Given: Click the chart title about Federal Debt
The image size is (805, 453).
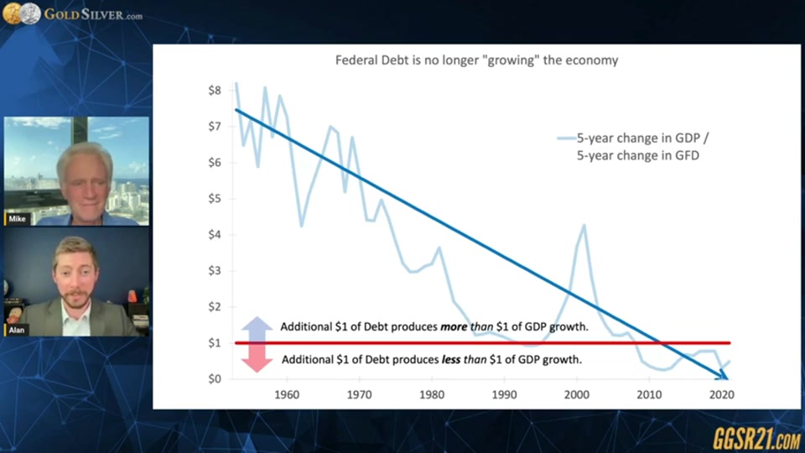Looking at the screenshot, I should click(x=477, y=60).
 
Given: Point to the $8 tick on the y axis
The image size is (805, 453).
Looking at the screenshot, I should click(x=214, y=91).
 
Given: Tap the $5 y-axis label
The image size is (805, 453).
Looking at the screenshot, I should click(x=214, y=199).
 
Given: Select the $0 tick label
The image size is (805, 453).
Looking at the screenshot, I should click(x=214, y=379).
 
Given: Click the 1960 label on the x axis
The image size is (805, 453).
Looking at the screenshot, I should click(x=287, y=394).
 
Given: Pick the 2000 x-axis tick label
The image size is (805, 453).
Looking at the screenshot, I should click(x=576, y=394).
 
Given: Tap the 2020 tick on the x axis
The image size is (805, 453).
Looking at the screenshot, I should click(x=720, y=394).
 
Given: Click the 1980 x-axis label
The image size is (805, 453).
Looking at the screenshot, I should click(x=431, y=394).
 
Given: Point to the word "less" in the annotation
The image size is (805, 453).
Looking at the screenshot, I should click(x=454, y=359).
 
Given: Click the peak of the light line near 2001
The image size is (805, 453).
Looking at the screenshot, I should click(x=584, y=225).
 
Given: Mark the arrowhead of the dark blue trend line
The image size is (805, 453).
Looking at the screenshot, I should click(x=722, y=376).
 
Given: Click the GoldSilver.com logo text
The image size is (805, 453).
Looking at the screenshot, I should click(x=92, y=14).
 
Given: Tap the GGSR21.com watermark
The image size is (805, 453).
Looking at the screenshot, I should click(x=756, y=437).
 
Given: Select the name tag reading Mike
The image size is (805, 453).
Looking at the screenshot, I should click(x=18, y=219).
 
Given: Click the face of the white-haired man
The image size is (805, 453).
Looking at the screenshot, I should click(x=86, y=179).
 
